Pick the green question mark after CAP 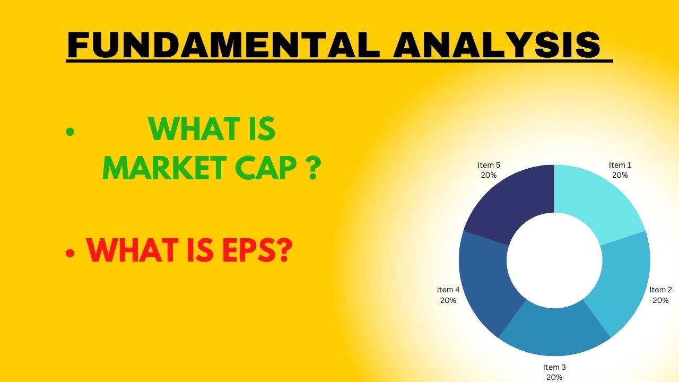point(314,168)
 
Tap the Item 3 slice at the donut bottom point(554,332)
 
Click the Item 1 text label point(620,165)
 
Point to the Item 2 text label point(660,290)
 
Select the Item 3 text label point(554,367)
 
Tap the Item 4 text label point(448,290)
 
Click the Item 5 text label point(489,165)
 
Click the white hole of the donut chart point(554,260)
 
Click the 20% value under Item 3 point(554,377)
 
